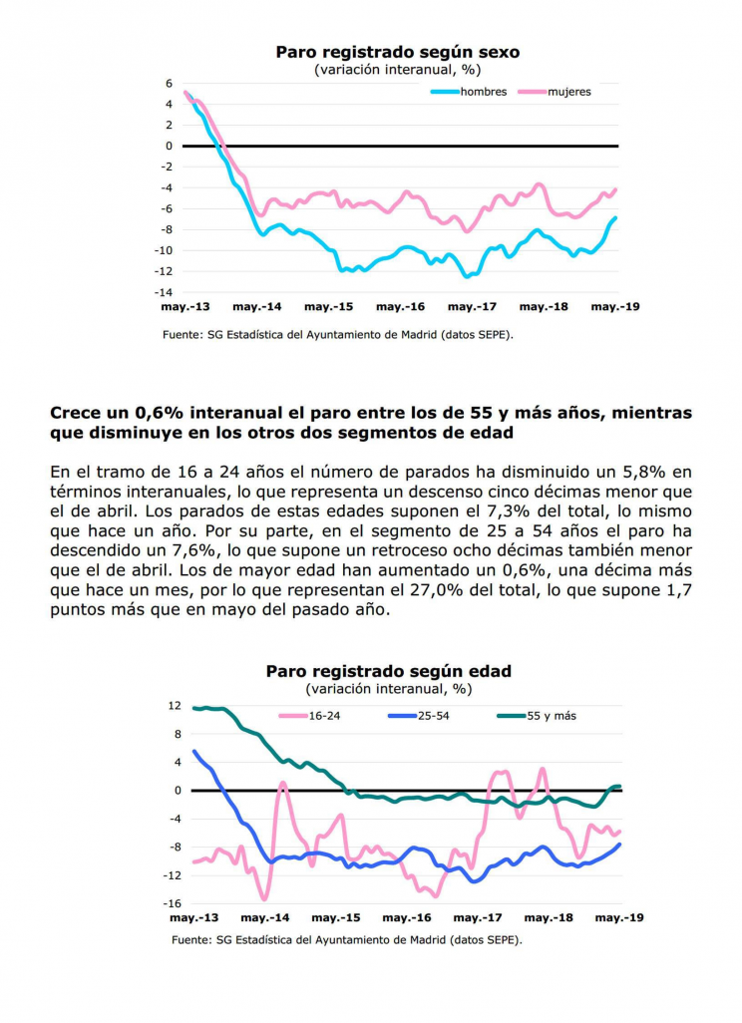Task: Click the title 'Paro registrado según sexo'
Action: coord(398,52)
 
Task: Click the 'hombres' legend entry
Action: coord(469,92)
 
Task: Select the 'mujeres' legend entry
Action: coord(555,92)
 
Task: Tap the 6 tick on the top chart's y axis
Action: coord(169,84)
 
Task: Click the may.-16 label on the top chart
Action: coord(400,307)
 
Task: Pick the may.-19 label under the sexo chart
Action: coord(615,307)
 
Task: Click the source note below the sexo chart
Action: coord(338,335)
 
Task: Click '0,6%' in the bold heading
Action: coord(160,413)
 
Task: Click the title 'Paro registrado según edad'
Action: coord(388,671)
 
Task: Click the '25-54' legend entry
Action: coord(419,716)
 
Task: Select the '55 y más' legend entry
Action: coord(537,716)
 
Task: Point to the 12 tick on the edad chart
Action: coord(175,706)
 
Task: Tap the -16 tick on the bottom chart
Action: coord(172,903)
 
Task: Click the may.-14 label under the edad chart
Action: coord(265,918)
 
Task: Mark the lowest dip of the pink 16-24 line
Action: coord(264,899)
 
